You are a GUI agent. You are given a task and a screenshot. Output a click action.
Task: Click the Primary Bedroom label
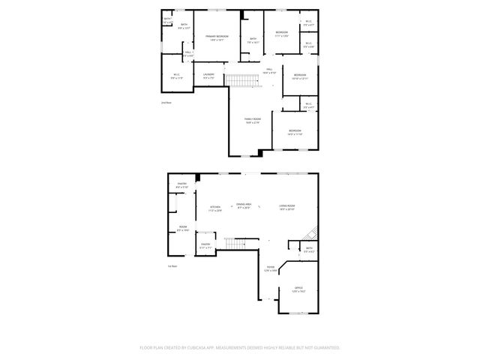point(217,37)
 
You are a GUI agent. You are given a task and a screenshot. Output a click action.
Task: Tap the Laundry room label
point(209,75)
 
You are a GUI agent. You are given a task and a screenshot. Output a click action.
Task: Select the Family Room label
point(252,120)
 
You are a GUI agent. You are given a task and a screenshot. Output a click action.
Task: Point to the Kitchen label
point(215,208)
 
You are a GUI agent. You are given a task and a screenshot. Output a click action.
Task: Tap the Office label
point(298,289)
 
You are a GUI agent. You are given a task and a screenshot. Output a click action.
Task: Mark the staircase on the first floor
point(235,244)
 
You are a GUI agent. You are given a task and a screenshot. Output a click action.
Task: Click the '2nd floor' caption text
point(166,102)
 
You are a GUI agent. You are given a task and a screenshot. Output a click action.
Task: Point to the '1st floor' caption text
point(172,265)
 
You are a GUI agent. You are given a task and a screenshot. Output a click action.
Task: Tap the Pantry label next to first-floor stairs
point(205,244)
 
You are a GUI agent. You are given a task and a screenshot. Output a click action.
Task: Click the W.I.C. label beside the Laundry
point(176,75)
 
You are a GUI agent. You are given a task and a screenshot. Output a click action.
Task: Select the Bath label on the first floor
point(309,250)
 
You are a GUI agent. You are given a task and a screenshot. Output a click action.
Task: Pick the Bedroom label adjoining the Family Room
point(295,132)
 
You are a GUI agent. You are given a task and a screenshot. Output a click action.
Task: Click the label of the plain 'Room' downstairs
point(182,228)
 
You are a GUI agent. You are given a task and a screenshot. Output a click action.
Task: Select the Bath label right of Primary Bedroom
point(253,40)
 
